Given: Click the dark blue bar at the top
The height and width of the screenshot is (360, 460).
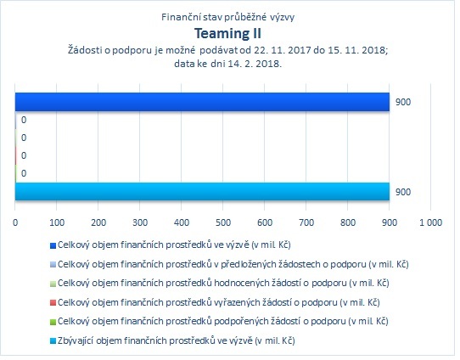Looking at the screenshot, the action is tap(202, 102).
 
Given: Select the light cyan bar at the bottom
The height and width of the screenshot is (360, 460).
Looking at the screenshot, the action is tap(202, 192).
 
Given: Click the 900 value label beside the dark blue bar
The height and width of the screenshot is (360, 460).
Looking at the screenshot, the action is tap(403, 102).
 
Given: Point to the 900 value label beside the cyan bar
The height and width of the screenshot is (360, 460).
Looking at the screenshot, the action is tap(403, 192).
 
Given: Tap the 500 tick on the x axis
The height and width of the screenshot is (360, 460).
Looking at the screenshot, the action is tap(223, 222).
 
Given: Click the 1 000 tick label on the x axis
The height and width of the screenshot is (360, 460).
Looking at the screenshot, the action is tap(430, 222).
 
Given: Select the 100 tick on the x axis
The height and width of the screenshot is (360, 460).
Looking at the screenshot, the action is tap(57, 222).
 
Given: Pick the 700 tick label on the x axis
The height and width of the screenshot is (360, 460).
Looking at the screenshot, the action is tap(306, 222).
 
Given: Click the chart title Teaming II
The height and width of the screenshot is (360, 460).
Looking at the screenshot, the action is tap(227, 33).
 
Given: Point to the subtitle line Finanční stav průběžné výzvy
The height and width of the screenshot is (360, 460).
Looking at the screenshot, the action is tap(228, 17).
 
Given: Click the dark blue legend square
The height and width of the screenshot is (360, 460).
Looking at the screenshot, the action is tap(53, 245).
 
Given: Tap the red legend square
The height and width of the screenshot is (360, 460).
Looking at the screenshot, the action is tap(53, 303).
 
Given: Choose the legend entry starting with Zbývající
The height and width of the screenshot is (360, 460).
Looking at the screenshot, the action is tap(176, 340).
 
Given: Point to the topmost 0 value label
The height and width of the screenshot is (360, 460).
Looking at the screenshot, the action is tap(24, 120).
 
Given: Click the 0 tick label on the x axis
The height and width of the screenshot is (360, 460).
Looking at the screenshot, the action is tap(15, 222).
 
